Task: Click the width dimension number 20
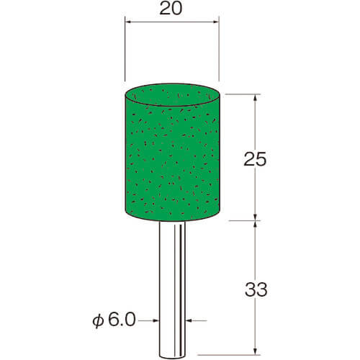tap(171, 9)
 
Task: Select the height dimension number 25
tap(255, 159)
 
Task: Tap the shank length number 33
tap(256, 289)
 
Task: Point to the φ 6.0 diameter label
tap(114, 320)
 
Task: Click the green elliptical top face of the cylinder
tap(173, 94)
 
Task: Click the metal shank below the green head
tap(172, 289)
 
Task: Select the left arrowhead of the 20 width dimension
tap(128, 22)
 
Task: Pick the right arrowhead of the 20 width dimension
tap(216, 22)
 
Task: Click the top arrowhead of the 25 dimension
tap(256, 98)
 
